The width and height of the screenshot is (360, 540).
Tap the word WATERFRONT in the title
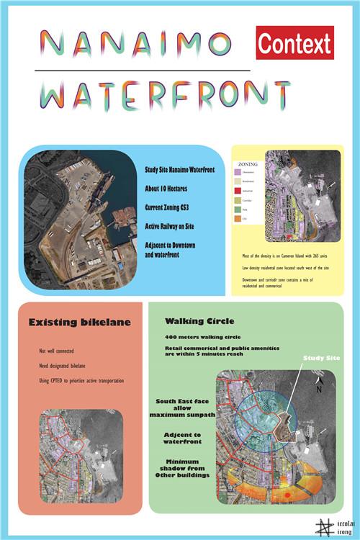coord(165,94)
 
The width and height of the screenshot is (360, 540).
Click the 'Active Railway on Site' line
coord(174,226)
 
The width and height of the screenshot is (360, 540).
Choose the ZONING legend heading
coord(246,164)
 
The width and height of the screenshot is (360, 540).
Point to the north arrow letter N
coord(318,389)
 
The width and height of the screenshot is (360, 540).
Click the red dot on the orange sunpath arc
coord(288,497)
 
